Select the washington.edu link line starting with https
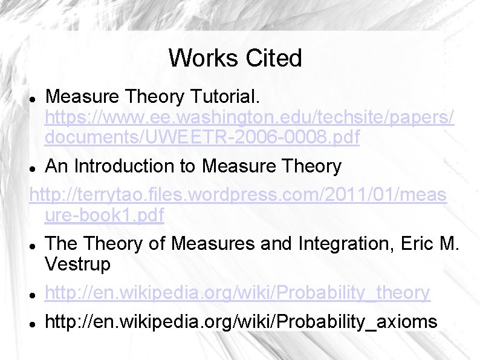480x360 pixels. click(249, 117)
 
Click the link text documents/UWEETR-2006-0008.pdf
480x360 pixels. click(202, 138)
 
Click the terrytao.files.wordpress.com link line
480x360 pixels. click(238, 195)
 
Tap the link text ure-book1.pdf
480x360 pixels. click(104, 215)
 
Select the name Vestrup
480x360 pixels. click(78, 264)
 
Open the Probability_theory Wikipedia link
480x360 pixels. click(238, 293)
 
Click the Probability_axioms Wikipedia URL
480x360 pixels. click(241, 321)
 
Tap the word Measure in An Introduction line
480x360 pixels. click(237, 165)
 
